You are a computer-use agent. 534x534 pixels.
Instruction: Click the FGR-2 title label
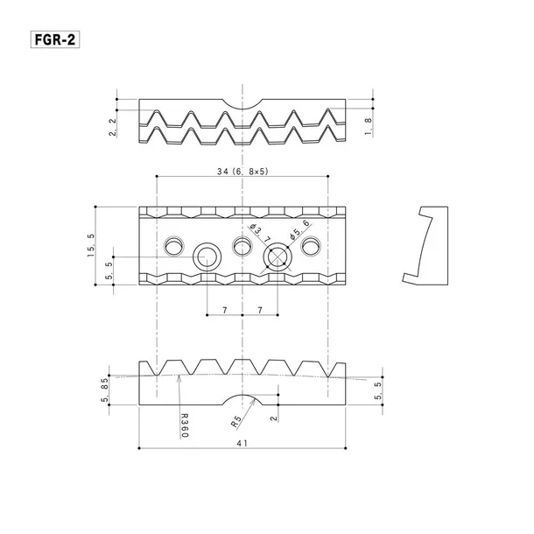pyautogui.click(x=53, y=40)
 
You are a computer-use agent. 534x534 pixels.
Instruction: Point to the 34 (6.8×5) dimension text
pyautogui.click(x=242, y=172)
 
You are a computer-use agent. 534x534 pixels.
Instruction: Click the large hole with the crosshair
pyautogui.click(x=277, y=256)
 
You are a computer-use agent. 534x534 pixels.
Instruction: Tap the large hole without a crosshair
pyautogui.click(x=207, y=256)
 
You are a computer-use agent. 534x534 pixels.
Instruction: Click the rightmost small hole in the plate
pyautogui.click(x=311, y=247)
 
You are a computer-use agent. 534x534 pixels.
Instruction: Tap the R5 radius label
pyautogui.click(x=235, y=422)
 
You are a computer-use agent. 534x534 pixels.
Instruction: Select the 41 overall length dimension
pyautogui.click(x=242, y=443)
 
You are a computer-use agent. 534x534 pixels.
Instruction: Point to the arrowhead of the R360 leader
pyautogui.click(x=179, y=376)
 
